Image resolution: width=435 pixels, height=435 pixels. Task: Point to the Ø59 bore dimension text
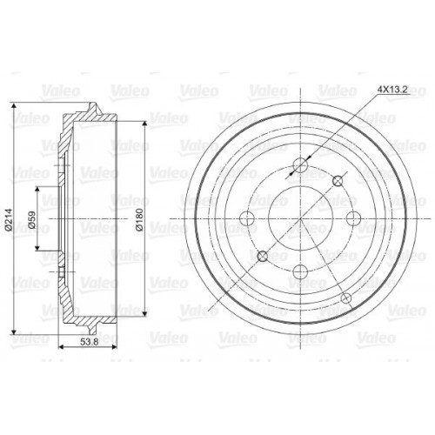[32, 221]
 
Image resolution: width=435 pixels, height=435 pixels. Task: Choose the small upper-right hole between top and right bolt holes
[338, 180]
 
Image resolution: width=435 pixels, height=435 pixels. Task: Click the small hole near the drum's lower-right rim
[347, 299]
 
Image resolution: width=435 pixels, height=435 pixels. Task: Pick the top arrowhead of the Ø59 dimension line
[37, 191]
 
